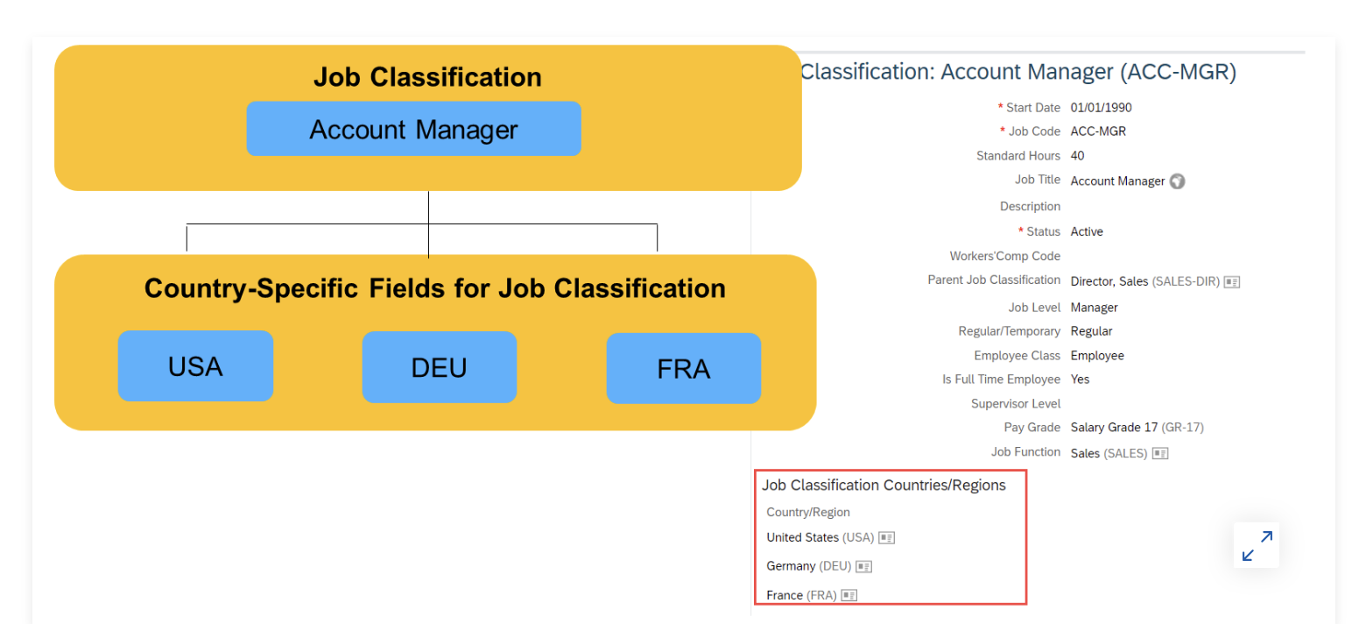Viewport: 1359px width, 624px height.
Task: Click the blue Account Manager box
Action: [414, 129]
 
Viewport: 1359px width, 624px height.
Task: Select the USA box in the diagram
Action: [195, 366]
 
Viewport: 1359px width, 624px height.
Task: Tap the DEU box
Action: [440, 367]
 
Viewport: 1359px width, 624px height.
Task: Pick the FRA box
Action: [684, 368]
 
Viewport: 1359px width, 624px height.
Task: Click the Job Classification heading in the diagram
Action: [427, 77]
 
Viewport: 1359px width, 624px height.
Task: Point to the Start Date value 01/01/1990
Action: [1102, 108]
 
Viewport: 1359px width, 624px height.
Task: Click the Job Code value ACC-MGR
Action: [1098, 131]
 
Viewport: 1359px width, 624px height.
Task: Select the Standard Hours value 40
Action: [1078, 155]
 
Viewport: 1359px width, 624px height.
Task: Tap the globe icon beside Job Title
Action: [1178, 181]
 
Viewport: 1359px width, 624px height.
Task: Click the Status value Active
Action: [1087, 231]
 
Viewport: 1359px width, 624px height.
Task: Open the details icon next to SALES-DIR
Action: [1231, 281]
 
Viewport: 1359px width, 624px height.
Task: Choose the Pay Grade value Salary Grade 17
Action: [1114, 428]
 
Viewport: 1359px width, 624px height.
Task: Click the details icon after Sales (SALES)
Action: [1160, 453]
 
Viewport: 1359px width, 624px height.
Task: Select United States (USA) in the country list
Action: [820, 537]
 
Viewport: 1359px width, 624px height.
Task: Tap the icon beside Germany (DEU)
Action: [864, 566]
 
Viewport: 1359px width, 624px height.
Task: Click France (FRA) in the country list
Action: [801, 595]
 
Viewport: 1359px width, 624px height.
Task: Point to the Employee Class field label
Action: [1017, 355]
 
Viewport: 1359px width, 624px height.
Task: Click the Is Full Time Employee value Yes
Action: [1080, 379]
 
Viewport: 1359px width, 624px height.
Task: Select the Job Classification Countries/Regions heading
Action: [884, 485]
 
